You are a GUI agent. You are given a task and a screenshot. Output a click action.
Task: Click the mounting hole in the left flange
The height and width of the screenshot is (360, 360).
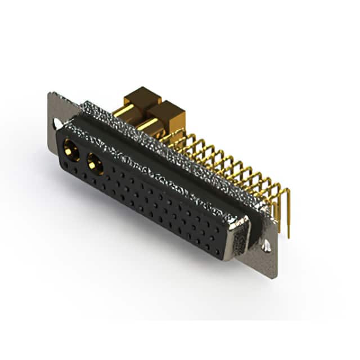(x=56, y=122)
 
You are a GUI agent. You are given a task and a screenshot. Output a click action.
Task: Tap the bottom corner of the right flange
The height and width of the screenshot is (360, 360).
(x=274, y=277)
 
